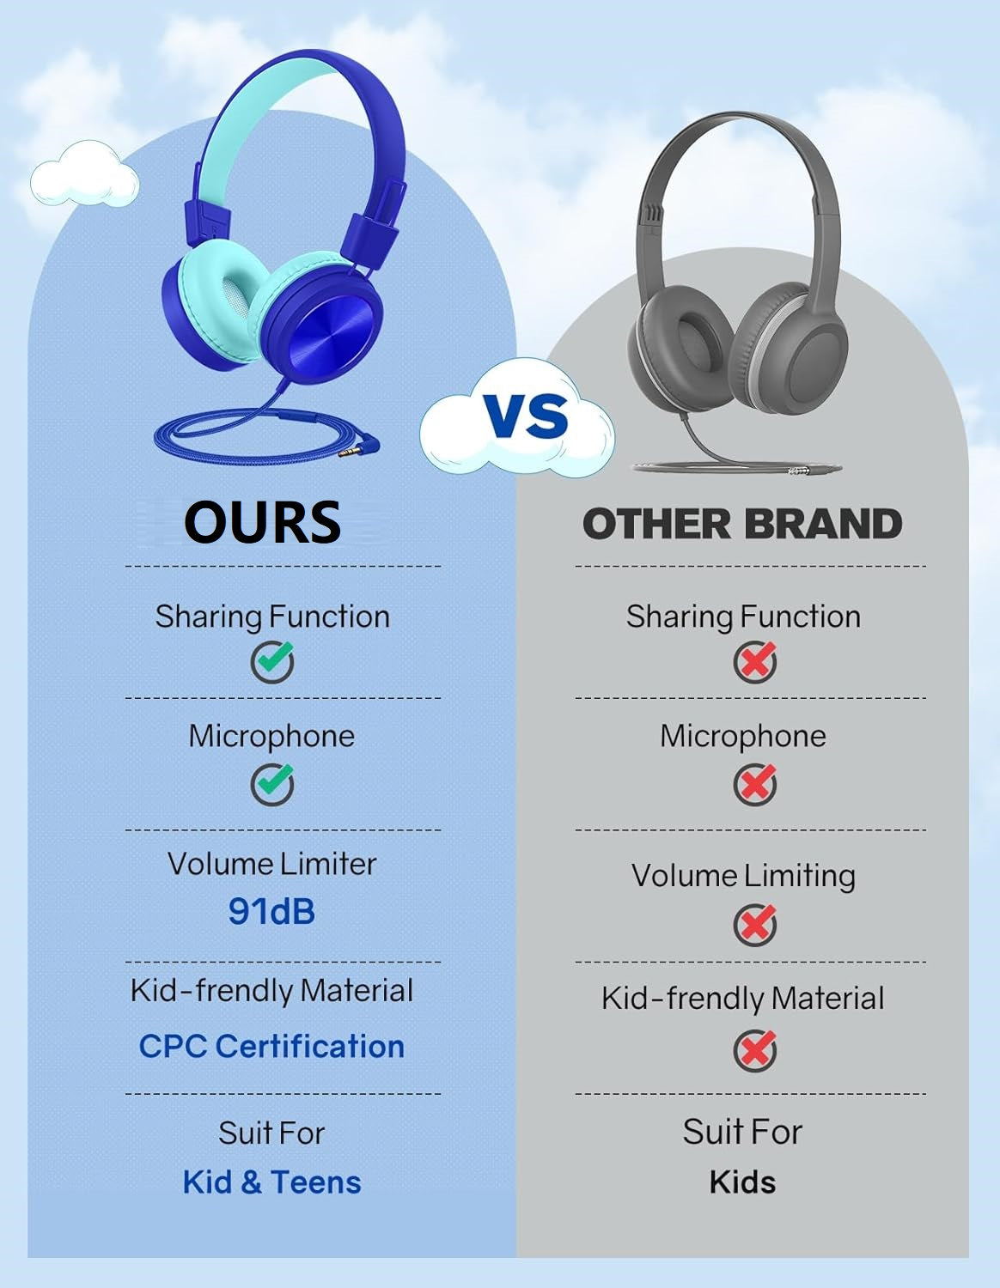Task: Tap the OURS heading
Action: (x=263, y=521)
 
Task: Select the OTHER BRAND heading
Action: (x=742, y=524)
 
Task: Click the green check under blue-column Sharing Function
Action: (x=272, y=661)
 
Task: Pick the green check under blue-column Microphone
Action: (x=272, y=784)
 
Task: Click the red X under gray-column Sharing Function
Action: (x=754, y=661)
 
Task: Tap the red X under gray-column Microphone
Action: (x=754, y=784)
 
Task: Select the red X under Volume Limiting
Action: (x=754, y=924)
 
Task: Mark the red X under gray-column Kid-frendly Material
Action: (x=754, y=1050)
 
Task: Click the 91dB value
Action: (x=271, y=911)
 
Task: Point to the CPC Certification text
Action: (x=271, y=1046)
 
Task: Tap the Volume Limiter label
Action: (x=271, y=864)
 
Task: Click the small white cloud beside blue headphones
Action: (x=84, y=173)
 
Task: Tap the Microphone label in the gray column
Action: (x=743, y=737)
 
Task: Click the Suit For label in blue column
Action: (x=271, y=1133)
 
